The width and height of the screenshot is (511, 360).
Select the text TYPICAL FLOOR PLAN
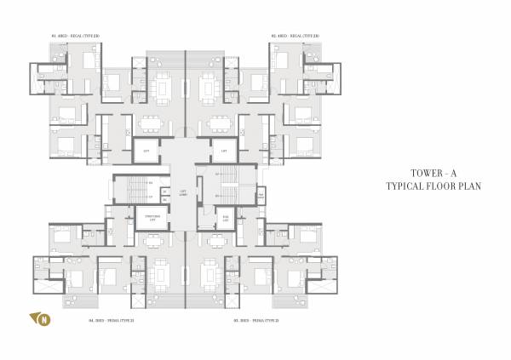(422, 185)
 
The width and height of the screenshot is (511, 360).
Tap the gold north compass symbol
(40, 319)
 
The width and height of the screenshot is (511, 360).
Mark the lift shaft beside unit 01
(146, 151)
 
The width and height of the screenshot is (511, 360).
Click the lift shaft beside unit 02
(224, 151)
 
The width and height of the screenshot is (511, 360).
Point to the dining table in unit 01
(152, 120)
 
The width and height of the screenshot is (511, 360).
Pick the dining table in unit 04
(153, 240)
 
